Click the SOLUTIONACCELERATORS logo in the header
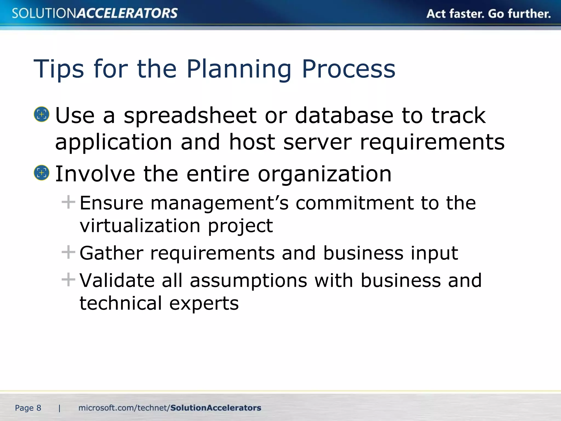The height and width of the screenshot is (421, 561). point(95,13)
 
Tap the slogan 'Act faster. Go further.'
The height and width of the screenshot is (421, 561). point(488,14)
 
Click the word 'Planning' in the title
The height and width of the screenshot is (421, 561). point(239,69)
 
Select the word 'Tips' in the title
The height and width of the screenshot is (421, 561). point(58,69)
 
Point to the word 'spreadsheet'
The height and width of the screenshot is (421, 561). point(190,116)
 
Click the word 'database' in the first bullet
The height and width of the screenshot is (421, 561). point(344,116)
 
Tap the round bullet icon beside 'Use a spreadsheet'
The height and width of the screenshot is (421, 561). point(42,114)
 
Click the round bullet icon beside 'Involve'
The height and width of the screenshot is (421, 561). point(42,173)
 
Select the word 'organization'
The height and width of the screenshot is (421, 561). point(325,174)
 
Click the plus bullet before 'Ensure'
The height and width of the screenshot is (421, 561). point(68,202)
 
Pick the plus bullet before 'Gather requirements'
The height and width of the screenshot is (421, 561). point(68,252)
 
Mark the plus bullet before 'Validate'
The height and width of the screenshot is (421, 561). point(68,280)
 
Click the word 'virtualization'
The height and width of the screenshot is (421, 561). point(140,226)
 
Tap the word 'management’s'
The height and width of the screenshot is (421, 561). point(219,203)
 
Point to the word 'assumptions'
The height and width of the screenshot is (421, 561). point(248,281)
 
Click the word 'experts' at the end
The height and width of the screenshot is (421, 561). point(204,304)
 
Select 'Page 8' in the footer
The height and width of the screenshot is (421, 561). point(28,408)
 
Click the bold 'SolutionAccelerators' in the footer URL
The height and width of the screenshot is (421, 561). point(216,408)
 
